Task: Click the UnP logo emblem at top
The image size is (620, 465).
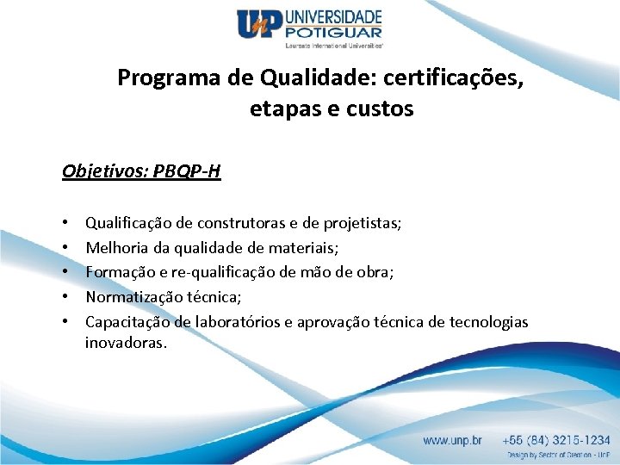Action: (259, 25)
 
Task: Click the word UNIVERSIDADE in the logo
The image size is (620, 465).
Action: (332, 17)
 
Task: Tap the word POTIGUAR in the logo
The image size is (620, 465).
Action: (332, 33)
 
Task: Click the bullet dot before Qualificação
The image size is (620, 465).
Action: (66, 224)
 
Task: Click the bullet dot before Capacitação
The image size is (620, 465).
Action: (66, 321)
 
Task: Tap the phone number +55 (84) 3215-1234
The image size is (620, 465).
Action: (558, 440)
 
